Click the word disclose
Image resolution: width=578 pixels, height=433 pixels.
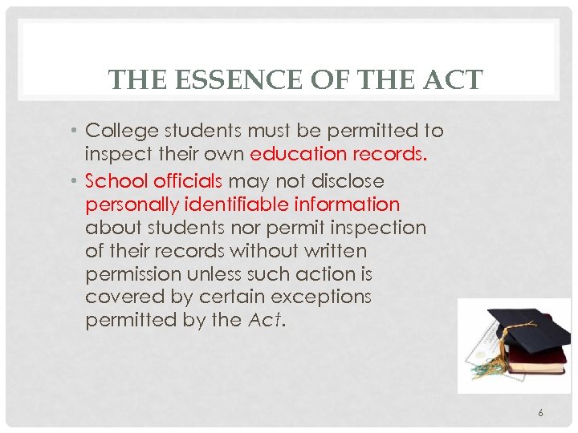(x=344, y=181)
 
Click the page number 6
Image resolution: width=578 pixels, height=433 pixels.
(x=540, y=413)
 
